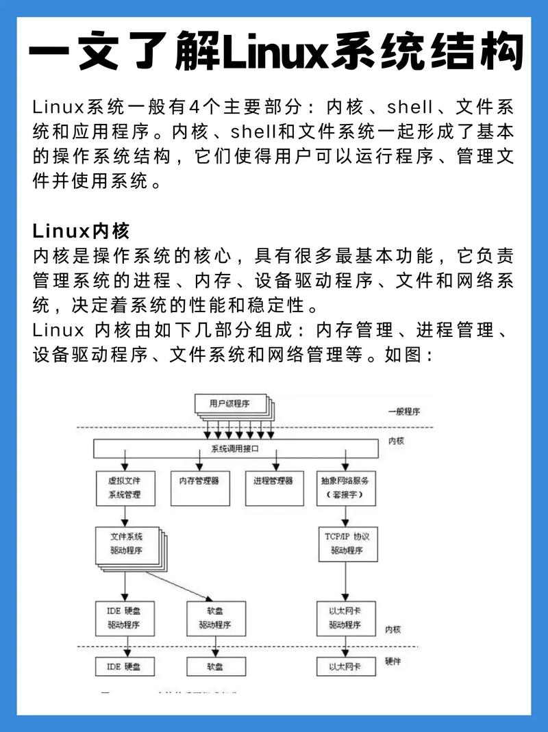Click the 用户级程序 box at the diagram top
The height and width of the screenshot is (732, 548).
[229, 404]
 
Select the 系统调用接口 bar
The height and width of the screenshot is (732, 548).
[236, 449]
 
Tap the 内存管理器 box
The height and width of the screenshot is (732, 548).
[199, 487]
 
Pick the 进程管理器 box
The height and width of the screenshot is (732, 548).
[273, 487]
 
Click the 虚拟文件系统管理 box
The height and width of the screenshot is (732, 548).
[124, 488]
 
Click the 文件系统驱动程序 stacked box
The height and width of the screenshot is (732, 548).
[126, 544]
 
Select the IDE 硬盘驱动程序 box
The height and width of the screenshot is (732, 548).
[124, 618]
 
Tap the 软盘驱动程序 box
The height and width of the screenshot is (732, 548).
[215, 618]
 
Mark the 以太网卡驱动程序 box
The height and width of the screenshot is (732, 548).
[346, 618]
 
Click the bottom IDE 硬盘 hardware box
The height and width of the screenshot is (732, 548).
[124, 666]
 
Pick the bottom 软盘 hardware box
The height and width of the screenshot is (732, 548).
[215, 666]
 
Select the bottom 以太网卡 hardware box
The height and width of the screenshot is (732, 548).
[346, 666]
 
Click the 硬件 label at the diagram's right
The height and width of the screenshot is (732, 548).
[393, 661]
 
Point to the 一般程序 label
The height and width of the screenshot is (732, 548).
[403, 412]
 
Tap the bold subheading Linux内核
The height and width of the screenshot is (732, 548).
[81, 230]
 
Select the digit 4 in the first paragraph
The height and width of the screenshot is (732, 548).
[196, 108]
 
